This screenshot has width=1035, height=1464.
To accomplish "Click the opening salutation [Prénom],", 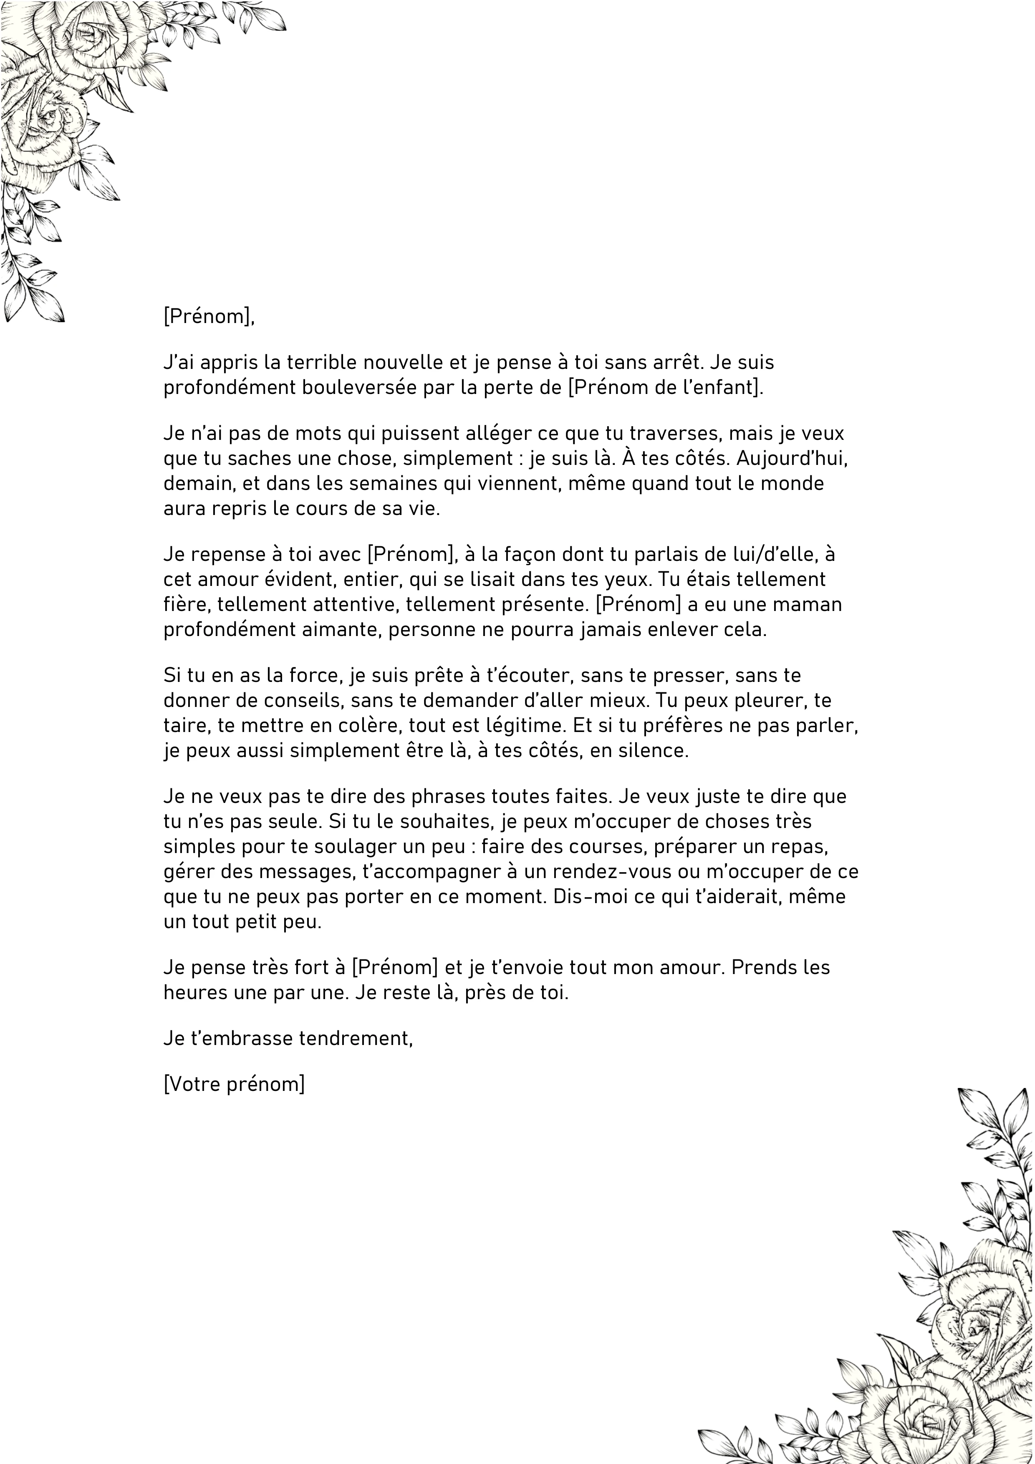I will click(209, 316).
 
